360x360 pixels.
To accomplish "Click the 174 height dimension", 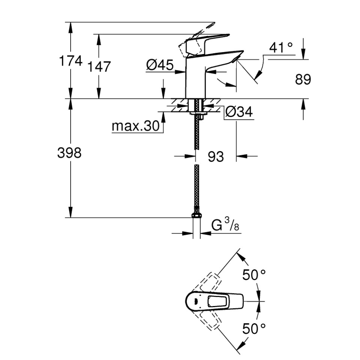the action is [x=71, y=61].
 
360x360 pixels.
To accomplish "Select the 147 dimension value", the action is [x=99, y=67].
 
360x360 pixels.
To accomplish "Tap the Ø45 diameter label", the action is [x=160, y=65].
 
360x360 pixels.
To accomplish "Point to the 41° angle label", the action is [x=281, y=48].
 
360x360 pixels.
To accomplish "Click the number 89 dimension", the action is [x=303, y=80].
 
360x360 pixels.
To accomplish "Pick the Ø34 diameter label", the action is [x=239, y=112].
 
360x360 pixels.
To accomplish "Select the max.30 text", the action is [x=135, y=126].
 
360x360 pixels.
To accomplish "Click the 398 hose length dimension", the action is [x=69, y=153].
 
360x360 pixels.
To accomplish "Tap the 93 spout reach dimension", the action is [x=216, y=157].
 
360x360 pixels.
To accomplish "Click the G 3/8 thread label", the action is [x=225, y=225].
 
